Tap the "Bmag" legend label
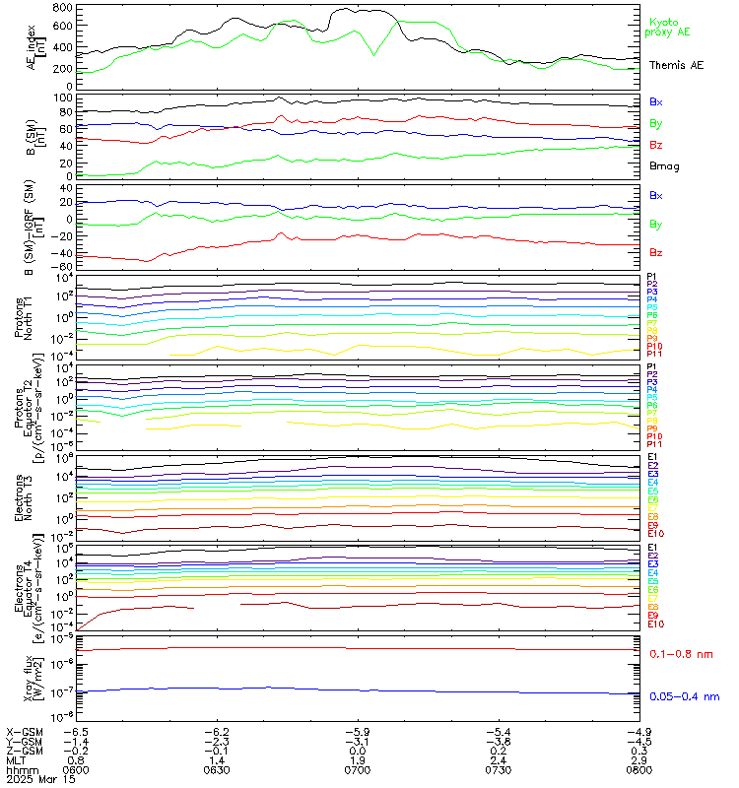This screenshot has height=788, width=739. click(664, 166)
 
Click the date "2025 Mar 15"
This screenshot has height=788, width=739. click(38, 779)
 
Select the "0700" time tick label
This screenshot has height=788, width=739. click(356, 769)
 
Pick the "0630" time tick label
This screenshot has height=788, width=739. click(216, 769)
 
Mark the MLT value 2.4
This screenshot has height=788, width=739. click(497, 759)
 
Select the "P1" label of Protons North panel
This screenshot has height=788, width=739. click(651, 277)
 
